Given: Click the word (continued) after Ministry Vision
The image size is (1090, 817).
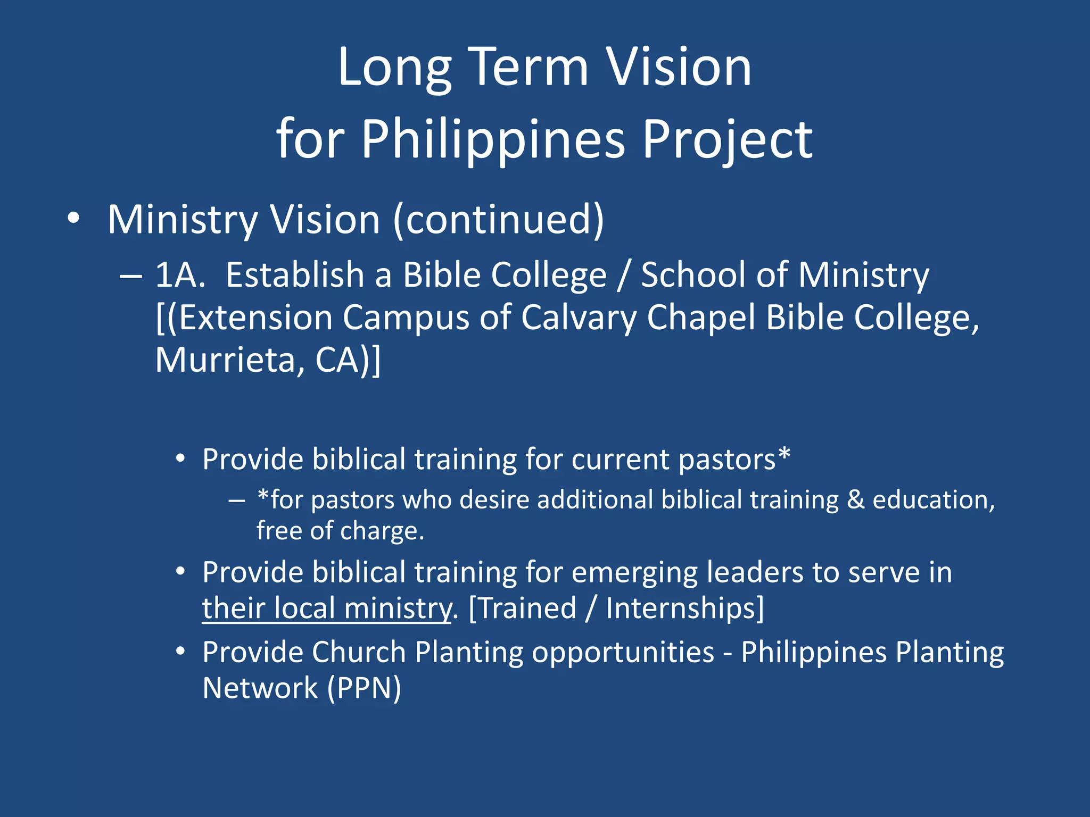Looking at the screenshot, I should coord(499,220).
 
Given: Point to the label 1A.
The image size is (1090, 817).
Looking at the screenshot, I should coord(180,275).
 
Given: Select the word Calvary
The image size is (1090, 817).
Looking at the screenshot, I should coord(578,318).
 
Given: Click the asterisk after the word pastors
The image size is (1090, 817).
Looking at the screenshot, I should coord(784,455).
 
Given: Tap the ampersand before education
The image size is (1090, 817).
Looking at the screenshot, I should coord(855,500).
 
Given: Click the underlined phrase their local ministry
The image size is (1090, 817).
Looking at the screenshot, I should coord(327,608).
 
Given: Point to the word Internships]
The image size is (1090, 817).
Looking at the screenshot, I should coord(685,608).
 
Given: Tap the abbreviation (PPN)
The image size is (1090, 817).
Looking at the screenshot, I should coord(364,688).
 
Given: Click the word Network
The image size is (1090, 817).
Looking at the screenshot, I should coord(260,688).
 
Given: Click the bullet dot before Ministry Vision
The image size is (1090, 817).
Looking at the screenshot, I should coord(73,218).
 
